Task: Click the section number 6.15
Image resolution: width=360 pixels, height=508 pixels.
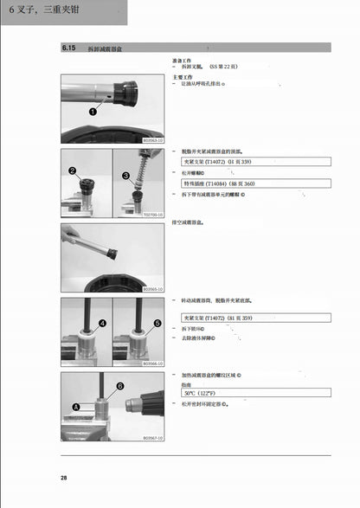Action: click(68, 50)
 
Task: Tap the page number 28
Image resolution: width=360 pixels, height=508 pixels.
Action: click(64, 479)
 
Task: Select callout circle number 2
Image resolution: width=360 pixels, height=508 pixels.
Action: click(73, 172)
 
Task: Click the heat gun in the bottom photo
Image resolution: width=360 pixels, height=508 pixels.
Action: click(143, 404)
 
